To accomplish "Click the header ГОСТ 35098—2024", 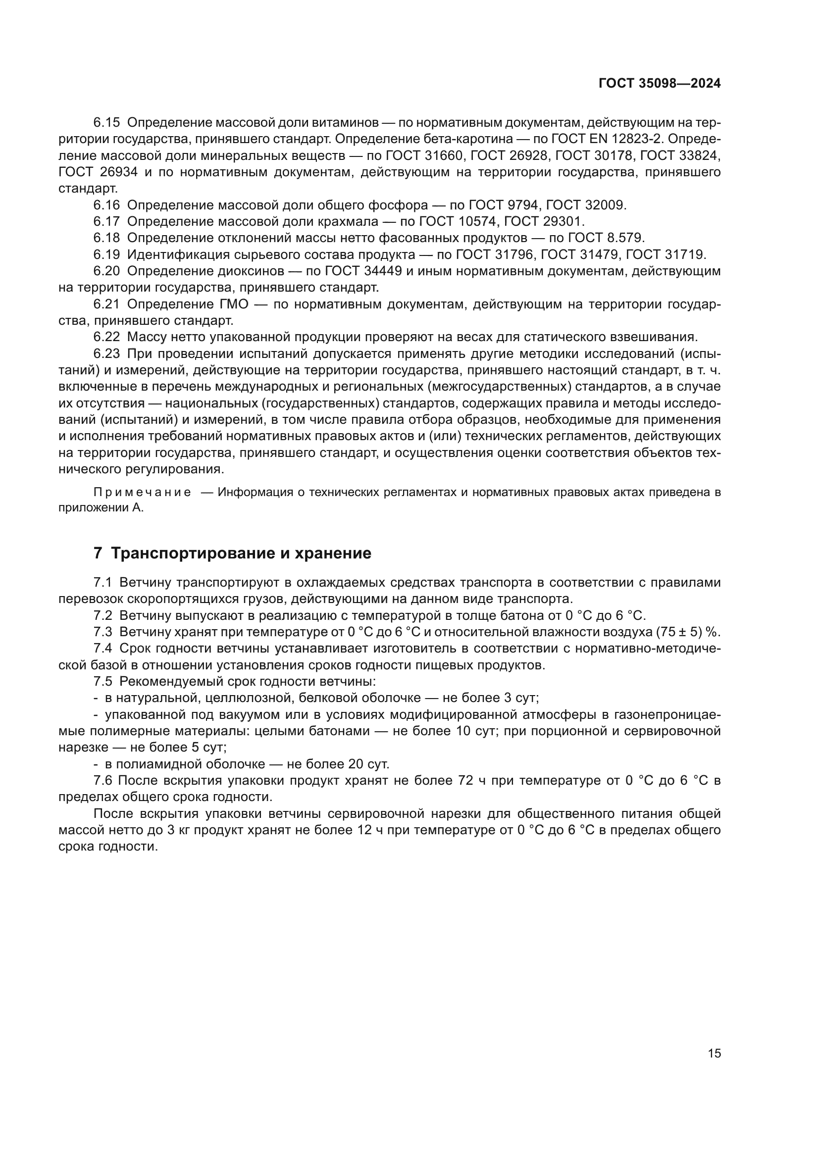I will tap(659, 84).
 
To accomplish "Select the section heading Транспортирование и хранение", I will tap(241, 554).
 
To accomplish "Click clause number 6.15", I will tap(106, 123).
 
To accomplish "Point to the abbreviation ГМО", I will tap(235, 304).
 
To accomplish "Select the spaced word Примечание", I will tap(142, 492).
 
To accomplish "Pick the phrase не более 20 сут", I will tap(337, 764).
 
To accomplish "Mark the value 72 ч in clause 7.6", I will tap(471, 781).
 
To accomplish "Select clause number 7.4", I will tap(103, 648).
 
